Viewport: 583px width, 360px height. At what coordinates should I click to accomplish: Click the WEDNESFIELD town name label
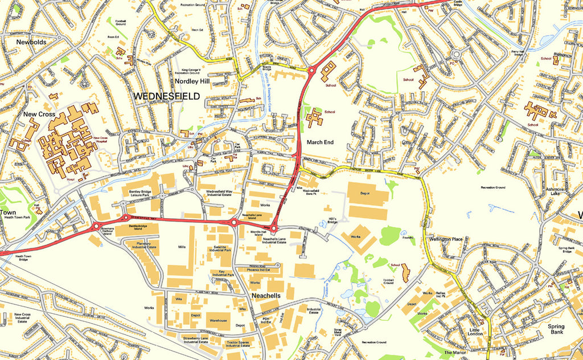pos(167,97)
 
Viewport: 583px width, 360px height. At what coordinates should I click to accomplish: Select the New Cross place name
pos(39,114)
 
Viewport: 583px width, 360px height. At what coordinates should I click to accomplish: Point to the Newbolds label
pos(31,42)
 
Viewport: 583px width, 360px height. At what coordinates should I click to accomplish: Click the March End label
pos(320,142)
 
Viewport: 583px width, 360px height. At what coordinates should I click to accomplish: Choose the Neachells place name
pos(269,297)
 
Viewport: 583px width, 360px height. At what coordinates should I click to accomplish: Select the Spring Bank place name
pos(556,329)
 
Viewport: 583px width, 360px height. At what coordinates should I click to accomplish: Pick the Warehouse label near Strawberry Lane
pos(217,321)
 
